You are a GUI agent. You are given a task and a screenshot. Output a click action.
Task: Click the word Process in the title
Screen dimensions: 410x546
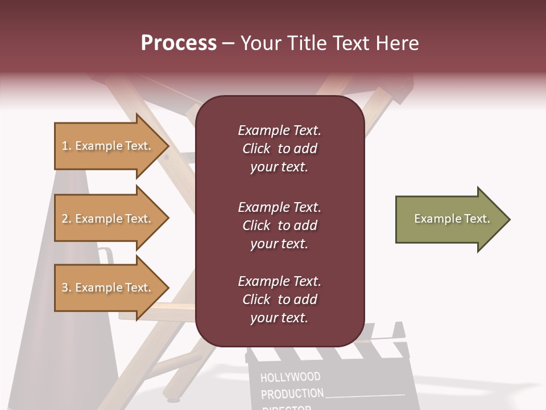[x=179, y=43]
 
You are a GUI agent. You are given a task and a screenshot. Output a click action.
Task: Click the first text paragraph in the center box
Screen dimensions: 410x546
[x=279, y=149]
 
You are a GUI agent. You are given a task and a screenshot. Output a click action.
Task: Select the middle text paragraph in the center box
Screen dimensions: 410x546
[x=279, y=225]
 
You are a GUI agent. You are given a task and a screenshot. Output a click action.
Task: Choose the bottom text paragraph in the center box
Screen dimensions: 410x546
[x=279, y=300]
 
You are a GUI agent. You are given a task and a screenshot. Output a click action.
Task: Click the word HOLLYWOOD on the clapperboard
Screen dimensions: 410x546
[x=290, y=377]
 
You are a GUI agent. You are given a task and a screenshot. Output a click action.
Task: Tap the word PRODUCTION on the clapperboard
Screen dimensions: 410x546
[x=292, y=393]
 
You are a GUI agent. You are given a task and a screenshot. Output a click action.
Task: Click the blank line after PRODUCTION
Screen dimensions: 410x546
[x=365, y=394]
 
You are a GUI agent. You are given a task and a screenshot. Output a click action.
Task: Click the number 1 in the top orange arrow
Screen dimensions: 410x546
[x=65, y=146]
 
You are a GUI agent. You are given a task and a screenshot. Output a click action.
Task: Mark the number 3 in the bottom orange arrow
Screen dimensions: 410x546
[x=65, y=288]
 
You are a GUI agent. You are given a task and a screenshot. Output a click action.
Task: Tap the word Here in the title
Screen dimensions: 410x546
[x=398, y=43]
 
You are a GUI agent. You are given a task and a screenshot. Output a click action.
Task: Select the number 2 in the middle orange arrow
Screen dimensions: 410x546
[x=65, y=219]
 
